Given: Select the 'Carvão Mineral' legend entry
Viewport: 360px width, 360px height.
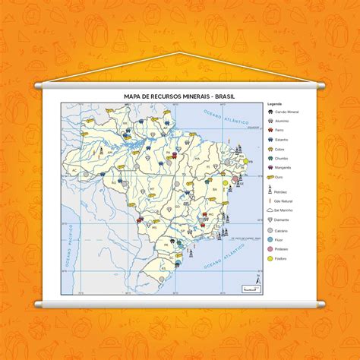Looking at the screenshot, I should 285,112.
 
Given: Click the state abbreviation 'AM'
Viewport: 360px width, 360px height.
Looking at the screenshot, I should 110,153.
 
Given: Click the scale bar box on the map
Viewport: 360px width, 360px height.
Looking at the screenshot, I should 244,286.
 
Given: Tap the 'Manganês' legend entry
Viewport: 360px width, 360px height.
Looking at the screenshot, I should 283,167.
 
